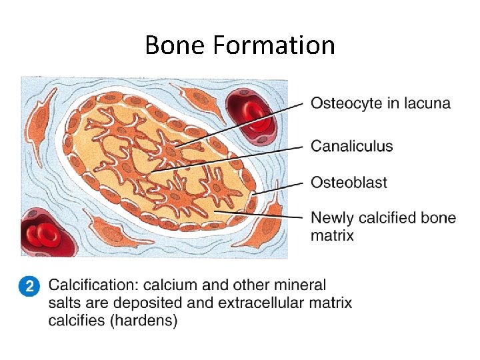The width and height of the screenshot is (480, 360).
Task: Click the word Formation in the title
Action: click(x=275, y=45)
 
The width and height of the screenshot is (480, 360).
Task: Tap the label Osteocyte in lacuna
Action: click(x=381, y=103)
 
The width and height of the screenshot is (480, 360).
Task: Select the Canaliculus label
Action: click(x=352, y=146)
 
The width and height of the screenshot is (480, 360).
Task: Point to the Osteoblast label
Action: click(x=349, y=182)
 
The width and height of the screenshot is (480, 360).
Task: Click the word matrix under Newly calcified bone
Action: click(x=332, y=235)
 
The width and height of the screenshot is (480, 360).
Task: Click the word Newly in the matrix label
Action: click(x=333, y=218)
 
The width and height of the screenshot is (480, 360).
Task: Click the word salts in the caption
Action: click(x=63, y=303)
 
